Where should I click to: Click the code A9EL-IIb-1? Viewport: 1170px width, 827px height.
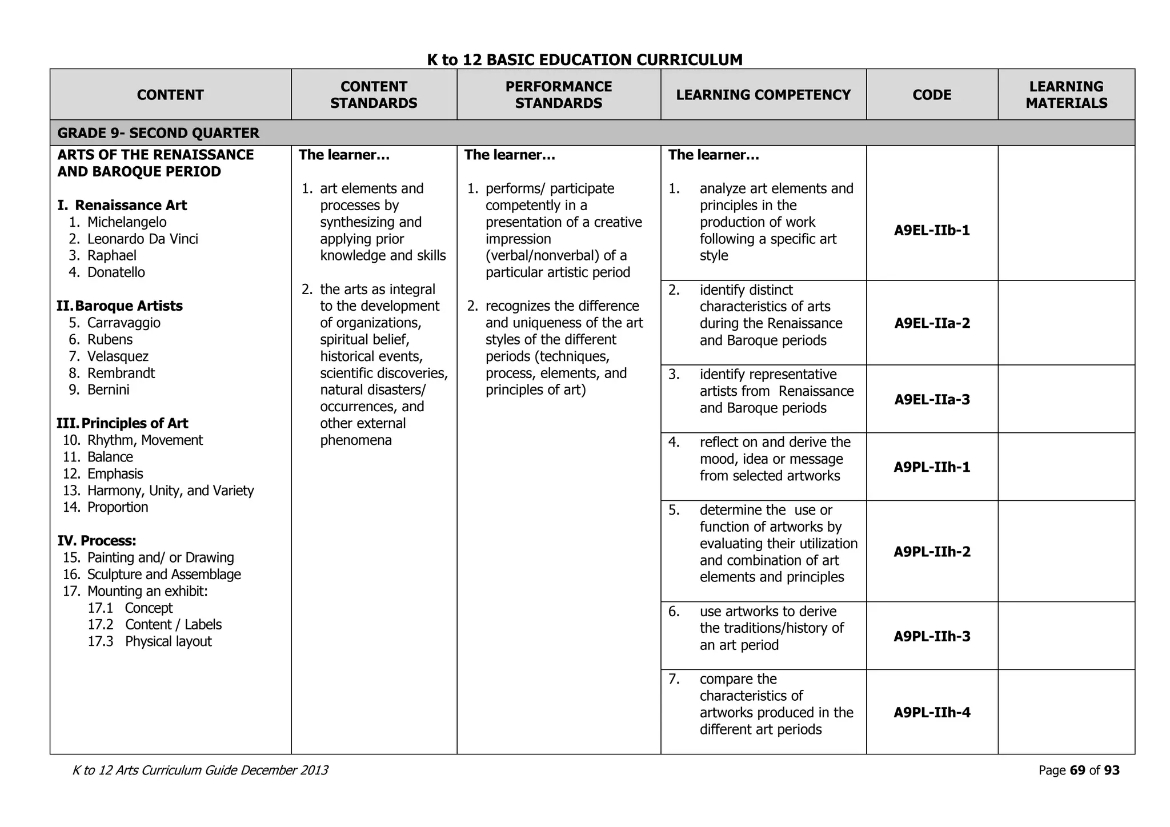932,231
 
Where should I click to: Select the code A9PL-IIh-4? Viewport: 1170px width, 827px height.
932,712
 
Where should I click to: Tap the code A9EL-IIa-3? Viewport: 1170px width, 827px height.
932,399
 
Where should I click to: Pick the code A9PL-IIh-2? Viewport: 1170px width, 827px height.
932,552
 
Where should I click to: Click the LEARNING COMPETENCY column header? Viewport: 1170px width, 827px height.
763,95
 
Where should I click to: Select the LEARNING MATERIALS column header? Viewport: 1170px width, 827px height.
1066,95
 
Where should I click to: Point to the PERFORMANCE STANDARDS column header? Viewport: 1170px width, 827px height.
558,95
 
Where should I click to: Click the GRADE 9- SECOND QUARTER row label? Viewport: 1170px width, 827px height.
158,133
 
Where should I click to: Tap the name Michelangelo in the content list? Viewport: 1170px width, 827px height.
127,222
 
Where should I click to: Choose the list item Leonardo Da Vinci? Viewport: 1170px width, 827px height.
142,239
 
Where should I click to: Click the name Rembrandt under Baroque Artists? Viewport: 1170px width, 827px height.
121,373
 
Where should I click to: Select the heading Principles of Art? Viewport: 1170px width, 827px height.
134,423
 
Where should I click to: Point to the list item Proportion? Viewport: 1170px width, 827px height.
117,507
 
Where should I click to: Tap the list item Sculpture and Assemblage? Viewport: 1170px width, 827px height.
164,575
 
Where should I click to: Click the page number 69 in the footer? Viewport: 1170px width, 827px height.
1077,770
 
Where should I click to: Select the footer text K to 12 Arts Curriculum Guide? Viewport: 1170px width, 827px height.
200,770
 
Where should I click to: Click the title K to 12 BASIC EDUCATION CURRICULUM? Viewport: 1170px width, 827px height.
584,59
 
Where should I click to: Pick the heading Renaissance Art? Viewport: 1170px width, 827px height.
130,206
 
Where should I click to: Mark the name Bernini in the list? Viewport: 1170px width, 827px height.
108,390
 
